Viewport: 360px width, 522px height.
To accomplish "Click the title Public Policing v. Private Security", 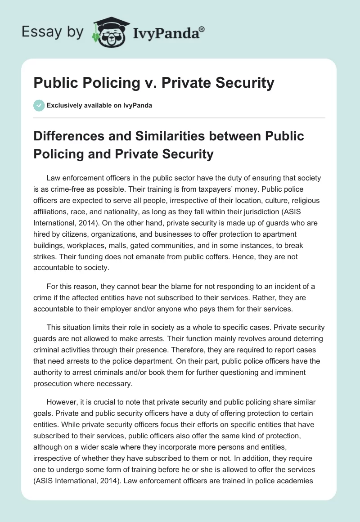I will [x=153, y=83].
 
